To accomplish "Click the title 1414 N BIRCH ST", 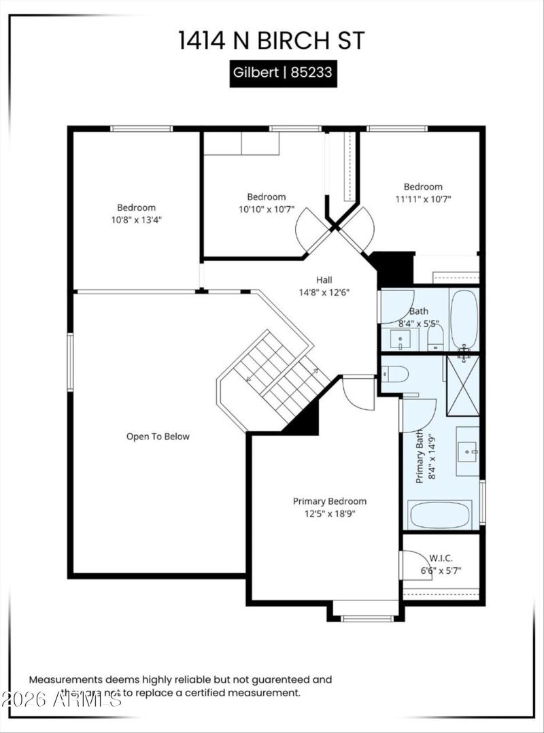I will click(271, 40).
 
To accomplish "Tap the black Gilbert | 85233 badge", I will click(282, 73).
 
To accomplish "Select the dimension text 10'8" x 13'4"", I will click(136, 220).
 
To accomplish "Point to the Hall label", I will click(324, 279).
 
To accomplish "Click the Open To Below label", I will click(158, 437).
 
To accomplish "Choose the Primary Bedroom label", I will click(329, 501).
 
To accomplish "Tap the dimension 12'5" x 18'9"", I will click(329, 513).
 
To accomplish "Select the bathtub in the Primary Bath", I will click(439, 515).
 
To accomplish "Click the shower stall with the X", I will click(462, 386).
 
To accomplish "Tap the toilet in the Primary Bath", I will click(395, 373).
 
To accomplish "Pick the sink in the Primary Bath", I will click(468, 449).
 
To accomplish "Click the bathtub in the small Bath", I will click(464, 320).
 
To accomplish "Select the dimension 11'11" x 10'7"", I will click(423, 199).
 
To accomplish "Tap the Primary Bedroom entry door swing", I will click(358, 392).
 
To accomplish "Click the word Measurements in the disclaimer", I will click(65, 679).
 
